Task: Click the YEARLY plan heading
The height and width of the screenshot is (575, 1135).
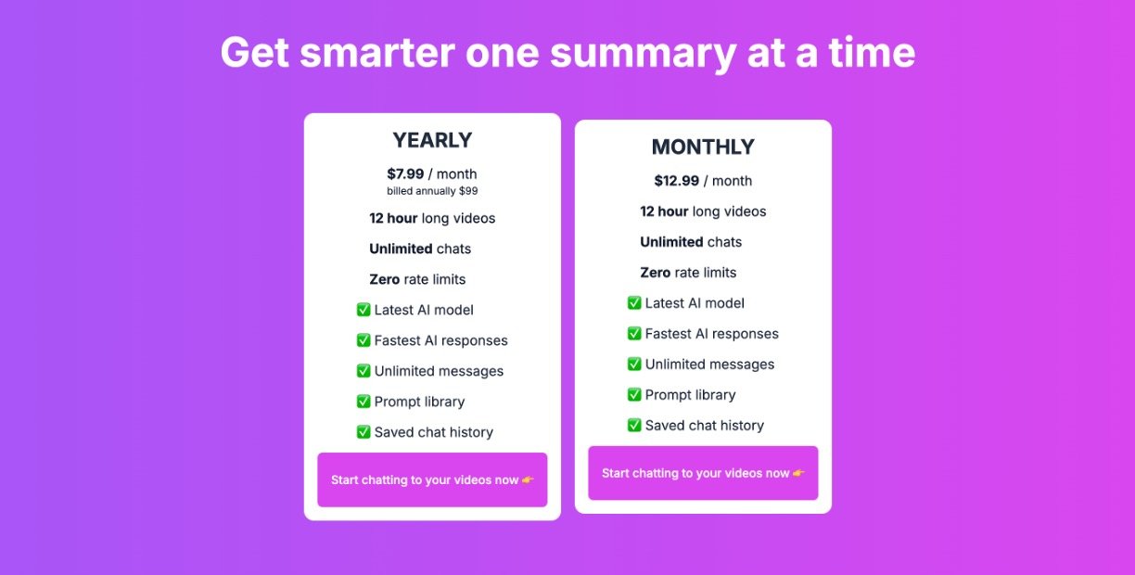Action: [432, 140]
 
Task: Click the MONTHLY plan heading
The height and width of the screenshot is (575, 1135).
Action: [703, 147]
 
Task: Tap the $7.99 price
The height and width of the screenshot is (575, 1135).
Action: [405, 173]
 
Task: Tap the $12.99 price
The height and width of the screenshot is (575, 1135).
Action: [676, 180]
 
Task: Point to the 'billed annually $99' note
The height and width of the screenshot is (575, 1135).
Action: [432, 191]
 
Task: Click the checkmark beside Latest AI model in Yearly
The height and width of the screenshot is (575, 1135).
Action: [363, 310]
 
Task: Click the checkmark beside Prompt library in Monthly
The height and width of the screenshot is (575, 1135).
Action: [634, 394]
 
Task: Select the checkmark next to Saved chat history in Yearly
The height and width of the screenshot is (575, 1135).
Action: [363, 431]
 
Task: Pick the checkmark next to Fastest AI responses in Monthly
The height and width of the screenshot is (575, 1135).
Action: [634, 333]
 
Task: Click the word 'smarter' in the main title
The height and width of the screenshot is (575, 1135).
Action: [377, 53]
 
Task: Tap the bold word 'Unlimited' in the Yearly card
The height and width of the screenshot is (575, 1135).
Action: [401, 249]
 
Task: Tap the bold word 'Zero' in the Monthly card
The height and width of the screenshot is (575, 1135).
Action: [656, 273]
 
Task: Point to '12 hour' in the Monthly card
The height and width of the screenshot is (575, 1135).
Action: [664, 211]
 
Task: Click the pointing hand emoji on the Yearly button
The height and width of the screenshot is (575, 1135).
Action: [528, 479]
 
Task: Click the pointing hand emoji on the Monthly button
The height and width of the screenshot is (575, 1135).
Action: [798, 473]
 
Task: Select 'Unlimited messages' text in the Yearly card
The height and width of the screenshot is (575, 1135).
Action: [439, 371]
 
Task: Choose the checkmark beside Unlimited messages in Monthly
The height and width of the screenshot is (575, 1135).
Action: [634, 364]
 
